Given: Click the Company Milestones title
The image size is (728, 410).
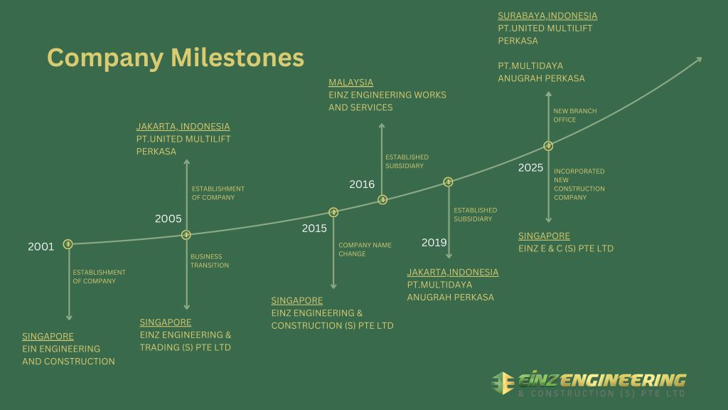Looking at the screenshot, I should [x=175, y=58].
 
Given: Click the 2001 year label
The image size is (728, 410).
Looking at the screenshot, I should [x=41, y=247].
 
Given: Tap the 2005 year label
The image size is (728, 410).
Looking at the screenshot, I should [x=168, y=219].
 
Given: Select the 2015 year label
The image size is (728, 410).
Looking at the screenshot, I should [x=314, y=228].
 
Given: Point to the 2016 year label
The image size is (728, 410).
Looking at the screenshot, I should [x=362, y=184].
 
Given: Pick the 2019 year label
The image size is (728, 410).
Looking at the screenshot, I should [x=434, y=243].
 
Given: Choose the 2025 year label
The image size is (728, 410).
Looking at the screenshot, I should [x=530, y=168].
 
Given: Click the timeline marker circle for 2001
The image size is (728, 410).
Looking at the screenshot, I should [x=68, y=244].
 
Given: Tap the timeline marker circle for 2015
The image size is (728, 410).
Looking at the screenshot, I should [x=333, y=212].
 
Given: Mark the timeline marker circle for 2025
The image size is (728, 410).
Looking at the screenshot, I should [x=548, y=146].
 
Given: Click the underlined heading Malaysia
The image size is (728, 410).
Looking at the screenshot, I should [x=350, y=83].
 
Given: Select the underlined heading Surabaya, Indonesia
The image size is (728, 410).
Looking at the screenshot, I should [x=547, y=16].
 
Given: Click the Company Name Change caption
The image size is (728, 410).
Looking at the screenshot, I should [x=365, y=249].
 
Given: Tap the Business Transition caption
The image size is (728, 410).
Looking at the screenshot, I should [x=206, y=261].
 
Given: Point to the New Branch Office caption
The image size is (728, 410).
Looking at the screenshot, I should [x=575, y=115].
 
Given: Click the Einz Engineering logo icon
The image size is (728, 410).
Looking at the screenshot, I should [x=503, y=382].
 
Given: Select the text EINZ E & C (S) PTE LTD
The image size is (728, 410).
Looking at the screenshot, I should [x=566, y=248].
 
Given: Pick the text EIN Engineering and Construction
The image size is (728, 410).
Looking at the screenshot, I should [x=68, y=355].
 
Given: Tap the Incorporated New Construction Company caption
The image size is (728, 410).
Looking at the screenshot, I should [x=579, y=184].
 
